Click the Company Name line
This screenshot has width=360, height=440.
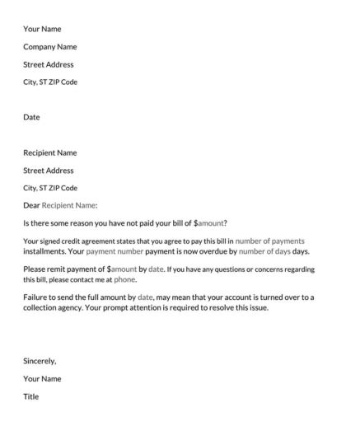click(x=49, y=47)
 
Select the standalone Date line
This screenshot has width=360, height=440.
click(x=31, y=117)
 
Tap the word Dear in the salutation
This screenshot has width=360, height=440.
click(x=31, y=205)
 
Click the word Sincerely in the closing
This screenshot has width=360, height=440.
click(x=40, y=361)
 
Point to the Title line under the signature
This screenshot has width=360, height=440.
click(x=30, y=396)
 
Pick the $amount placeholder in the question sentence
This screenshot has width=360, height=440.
click(x=208, y=223)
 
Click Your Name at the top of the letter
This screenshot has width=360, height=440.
click(x=42, y=29)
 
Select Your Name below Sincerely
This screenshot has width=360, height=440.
click(x=42, y=379)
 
